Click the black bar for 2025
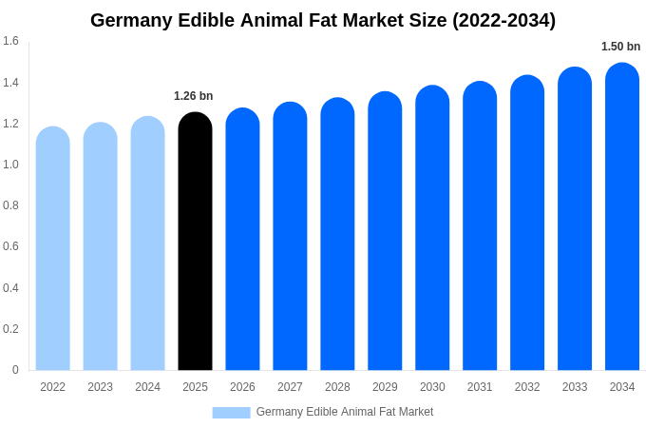195,242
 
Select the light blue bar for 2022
53,248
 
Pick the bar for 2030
432,228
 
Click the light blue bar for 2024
147,243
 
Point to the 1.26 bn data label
194,96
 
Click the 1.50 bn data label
620,47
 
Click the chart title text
323,20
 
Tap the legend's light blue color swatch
231,413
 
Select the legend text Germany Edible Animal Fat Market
344,412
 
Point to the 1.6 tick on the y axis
10,41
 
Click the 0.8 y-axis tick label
10,205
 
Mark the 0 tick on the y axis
15,370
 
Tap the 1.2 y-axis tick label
10,124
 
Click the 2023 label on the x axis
100,387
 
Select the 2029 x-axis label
385,387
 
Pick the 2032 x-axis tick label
527,387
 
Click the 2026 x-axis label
242,387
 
